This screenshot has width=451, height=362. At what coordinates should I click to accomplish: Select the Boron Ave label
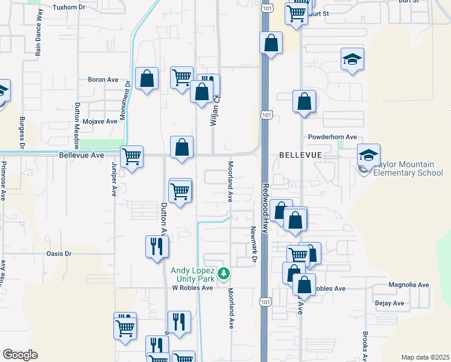click(x=103, y=80)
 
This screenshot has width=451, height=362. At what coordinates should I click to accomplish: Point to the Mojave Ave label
click(x=100, y=121)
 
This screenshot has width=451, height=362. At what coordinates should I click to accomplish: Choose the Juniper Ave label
click(x=114, y=179)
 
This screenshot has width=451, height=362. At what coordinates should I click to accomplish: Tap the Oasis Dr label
click(x=59, y=254)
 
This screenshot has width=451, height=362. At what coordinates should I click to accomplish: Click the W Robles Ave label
click(x=193, y=288)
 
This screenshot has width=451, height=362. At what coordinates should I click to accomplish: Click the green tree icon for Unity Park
click(x=224, y=274)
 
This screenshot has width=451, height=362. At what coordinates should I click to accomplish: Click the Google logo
click(x=19, y=355)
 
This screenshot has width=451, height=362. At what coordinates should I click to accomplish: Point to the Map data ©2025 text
click(x=425, y=357)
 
